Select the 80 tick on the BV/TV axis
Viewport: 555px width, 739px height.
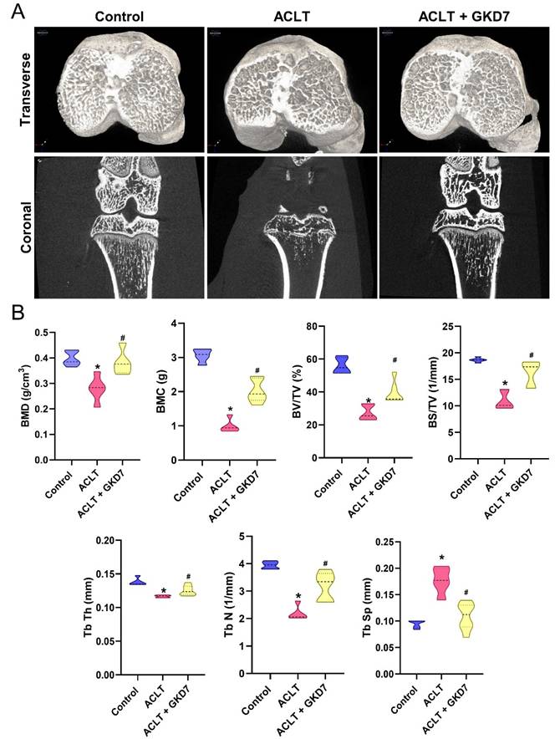(313, 325)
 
